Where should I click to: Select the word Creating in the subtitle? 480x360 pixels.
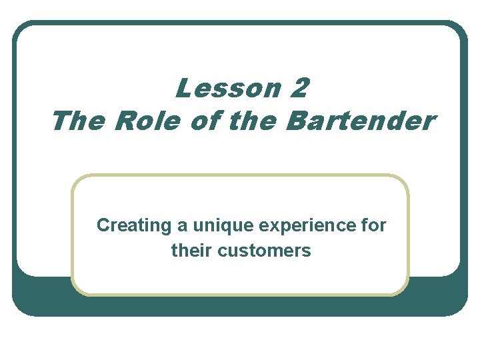(134, 226)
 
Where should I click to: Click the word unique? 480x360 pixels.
(217, 227)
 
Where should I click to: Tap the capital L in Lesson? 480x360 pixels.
(181, 88)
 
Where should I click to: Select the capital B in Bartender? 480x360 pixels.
(295, 121)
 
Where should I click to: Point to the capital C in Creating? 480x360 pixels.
(103, 226)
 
